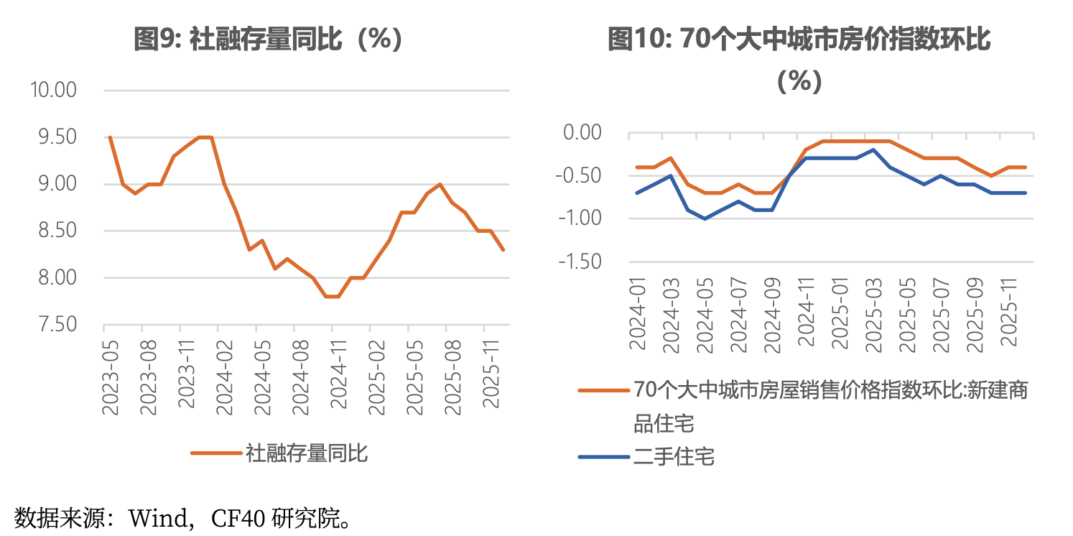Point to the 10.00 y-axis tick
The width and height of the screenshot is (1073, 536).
point(52,91)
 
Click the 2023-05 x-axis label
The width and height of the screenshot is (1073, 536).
point(111,376)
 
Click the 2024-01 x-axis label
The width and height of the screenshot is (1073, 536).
point(638,316)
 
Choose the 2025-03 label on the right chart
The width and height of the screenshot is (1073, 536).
point(873,316)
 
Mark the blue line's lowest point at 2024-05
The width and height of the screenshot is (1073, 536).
point(705,218)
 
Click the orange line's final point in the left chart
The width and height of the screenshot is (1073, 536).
point(503,250)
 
